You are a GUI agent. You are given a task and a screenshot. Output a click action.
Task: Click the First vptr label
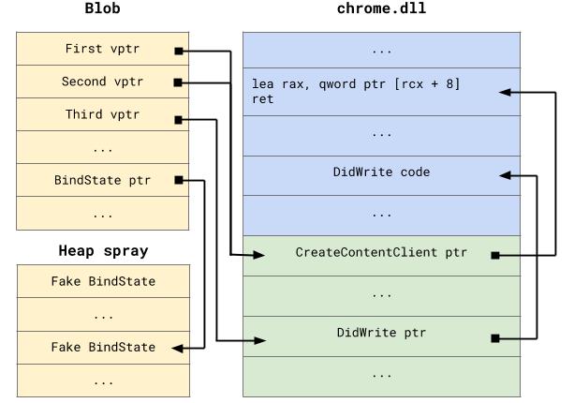pyautogui.click(x=97, y=49)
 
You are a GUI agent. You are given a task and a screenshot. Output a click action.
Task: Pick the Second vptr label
pyautogui.click(x=97, y=82)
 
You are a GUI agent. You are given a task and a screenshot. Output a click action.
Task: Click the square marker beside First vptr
pyautogui.click(x=178, y=50)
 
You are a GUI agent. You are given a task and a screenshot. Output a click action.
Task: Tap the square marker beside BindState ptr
pyautogui.click(x=178, y=179)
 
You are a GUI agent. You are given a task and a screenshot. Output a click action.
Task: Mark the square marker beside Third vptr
pyautogui.click(x=178, y=119)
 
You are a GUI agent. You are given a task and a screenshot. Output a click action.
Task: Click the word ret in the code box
pyautogui.click(x=262, y=99)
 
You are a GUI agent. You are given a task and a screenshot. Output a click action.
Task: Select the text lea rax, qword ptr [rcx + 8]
pyautogui.click(x=356, y=84)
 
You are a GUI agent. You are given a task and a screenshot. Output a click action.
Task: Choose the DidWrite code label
pyautogui.click(x=381, y=172)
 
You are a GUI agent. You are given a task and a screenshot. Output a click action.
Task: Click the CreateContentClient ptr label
pyautogui.click(x=381, y=253)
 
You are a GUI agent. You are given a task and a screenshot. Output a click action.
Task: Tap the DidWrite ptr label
pyautogui.click(x=381, y=333)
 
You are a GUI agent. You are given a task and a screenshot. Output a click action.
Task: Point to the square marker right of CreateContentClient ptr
pyautogui.click(x=493, y=254)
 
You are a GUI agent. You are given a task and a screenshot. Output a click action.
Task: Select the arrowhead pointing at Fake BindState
pyautogui.click(x=174, y=347)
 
